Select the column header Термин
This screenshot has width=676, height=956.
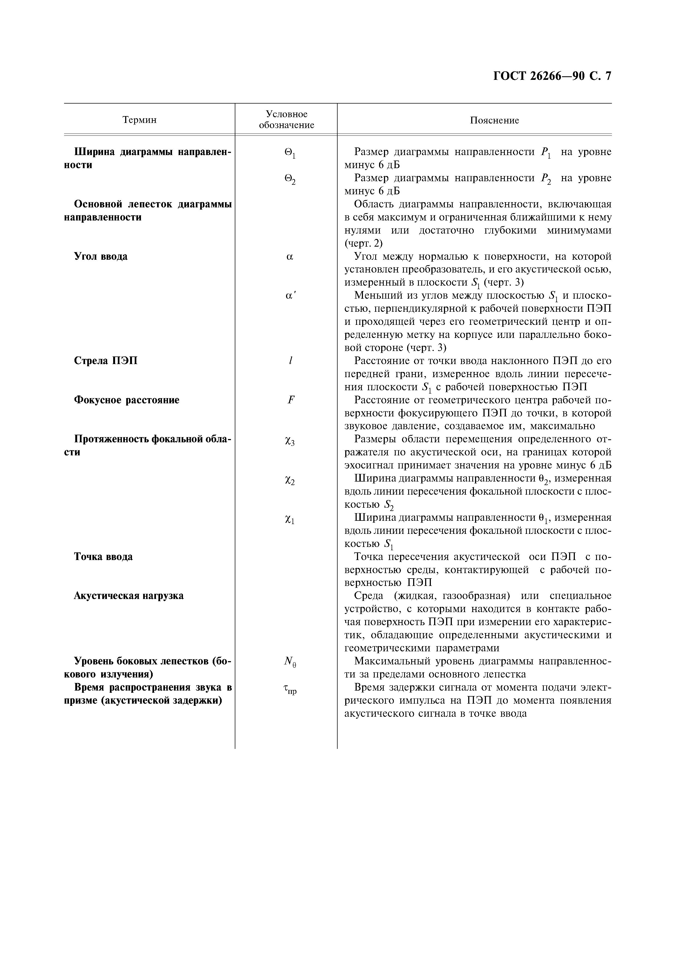[x=140, y=120]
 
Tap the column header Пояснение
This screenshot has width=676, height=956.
[x=494, y=120]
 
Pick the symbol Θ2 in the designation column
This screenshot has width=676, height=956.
[x=290, y=180]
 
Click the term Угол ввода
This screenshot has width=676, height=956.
[x=101, y=256]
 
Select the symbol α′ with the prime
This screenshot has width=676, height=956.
[x=290, y=296]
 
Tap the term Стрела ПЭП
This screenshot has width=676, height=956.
[x=106, y=361]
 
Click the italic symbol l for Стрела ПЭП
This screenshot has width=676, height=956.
[x=290, y=361]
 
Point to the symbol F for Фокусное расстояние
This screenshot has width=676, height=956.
[x=291, y=400]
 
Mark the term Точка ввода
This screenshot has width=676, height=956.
[x=103, y=557]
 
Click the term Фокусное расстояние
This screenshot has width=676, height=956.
[x=127, y=400]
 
